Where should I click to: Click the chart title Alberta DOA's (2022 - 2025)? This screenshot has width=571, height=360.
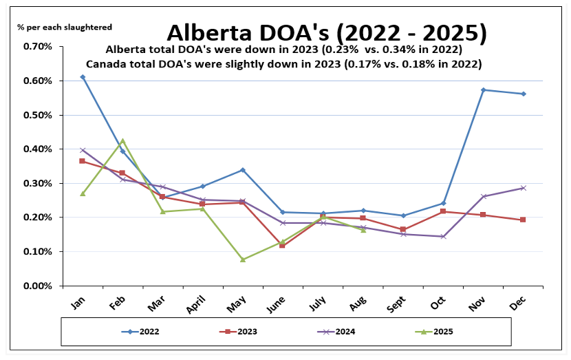click(x=327, y=32)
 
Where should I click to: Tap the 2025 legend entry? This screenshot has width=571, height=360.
click(x=436, y=331)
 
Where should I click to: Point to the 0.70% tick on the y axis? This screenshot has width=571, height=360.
click(x=38, y=46)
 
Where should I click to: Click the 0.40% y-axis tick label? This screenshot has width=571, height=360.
click(x=38, y=149)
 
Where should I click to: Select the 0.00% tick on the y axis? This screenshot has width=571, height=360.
click(x=38, y=286)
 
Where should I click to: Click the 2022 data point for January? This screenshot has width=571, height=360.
click(x=83, y=77)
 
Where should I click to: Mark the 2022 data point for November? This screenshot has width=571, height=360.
click(x=484, y=90)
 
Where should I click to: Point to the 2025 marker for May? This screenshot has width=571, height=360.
click(x=243, y=260)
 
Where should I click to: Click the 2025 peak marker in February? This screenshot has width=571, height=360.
click(x=122, y=140)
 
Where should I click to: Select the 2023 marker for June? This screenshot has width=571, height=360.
click(x=283, y=245)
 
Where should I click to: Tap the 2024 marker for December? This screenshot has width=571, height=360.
click(x=524, y=188)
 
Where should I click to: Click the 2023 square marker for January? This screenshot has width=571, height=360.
click(x=83, y=161)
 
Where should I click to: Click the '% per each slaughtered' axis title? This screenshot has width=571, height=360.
click(x=65, y=27)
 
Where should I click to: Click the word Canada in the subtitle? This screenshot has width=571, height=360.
click(x=103, y=63)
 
